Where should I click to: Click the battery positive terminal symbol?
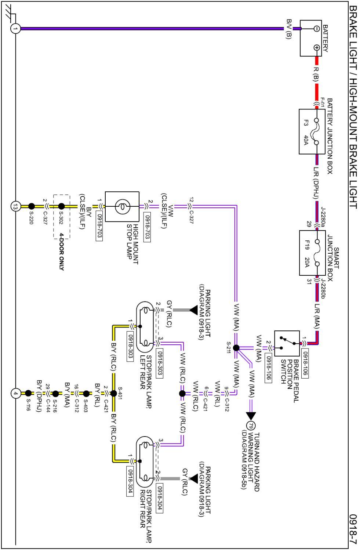point(317,48)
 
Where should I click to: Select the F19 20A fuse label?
point(307,253)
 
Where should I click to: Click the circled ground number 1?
point(15,29)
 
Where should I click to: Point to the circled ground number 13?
point(15,206)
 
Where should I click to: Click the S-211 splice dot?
point(236,348)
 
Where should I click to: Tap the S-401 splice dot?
point(114,394)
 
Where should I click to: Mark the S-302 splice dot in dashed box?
point(61,206)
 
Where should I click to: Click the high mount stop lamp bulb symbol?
point(122,206)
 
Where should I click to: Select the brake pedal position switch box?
point(287,343)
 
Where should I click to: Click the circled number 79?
point(251,426)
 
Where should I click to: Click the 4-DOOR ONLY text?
point(61,252)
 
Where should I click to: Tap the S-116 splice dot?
point(28,394)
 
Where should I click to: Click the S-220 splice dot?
point(32,206)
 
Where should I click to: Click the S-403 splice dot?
point(86,394)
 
